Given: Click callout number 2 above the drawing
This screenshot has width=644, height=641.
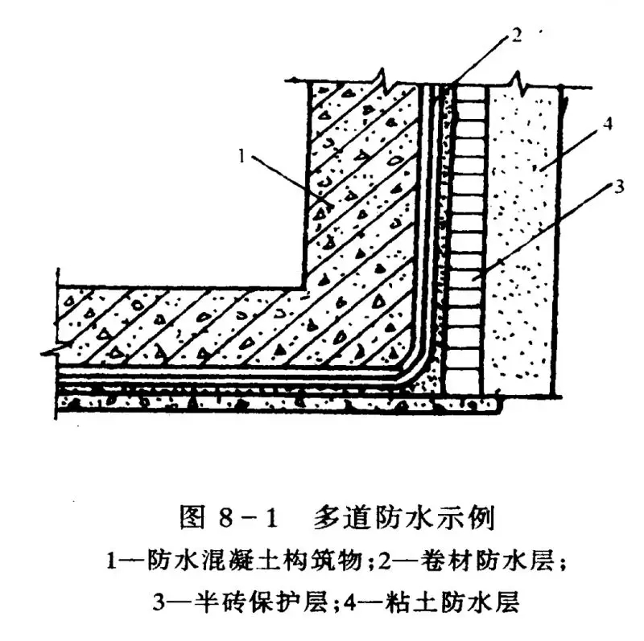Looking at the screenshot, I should point(515,35).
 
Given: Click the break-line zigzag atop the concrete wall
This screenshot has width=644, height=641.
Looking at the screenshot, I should point(385,81).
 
